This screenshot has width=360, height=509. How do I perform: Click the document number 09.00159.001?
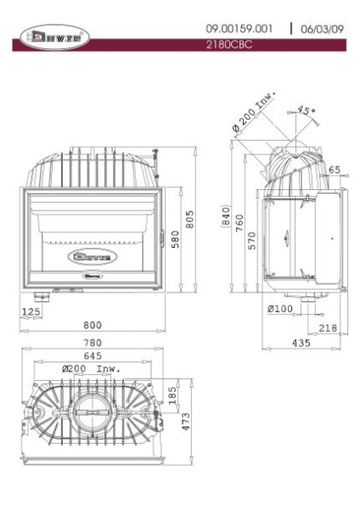[x=240, y=29]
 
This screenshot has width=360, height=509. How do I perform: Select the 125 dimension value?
[x=31, y=312]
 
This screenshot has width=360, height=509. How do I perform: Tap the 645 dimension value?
[x=94, y=355]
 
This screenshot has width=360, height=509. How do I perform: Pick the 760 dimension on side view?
[x=240, y=223]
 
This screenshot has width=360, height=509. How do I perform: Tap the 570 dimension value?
[x=252, y=242]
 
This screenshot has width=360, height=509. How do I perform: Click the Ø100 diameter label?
[x=279, y=309]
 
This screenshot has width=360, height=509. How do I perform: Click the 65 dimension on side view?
[x=335, y=171]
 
